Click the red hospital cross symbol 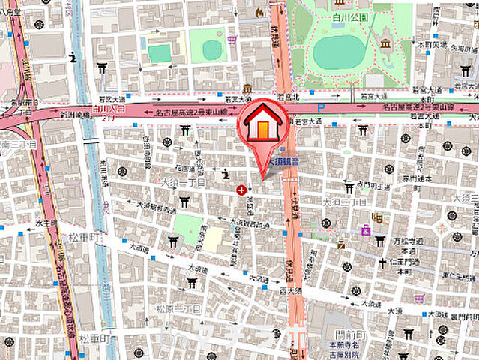[x=241, y=191]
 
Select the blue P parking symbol [x=321, y=107]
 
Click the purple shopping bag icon [x=366, y=230]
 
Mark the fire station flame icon [x=259, y=12]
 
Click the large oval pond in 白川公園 [x=338, y=52]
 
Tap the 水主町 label [x=46, y=223]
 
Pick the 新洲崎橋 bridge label [x=75, y=115]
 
